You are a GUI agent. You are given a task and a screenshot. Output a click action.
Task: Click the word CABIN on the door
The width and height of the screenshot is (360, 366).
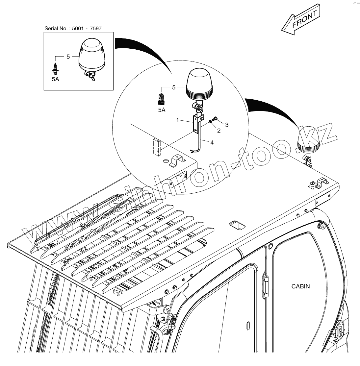click(x=300, y=286)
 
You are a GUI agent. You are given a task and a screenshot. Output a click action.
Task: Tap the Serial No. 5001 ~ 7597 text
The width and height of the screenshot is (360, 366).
click(x=73, y=29)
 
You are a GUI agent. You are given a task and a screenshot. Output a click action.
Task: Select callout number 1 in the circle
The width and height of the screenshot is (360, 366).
click(x=178, y=120)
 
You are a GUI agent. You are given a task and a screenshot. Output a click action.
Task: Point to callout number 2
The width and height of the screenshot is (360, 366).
click(x=219, y=131)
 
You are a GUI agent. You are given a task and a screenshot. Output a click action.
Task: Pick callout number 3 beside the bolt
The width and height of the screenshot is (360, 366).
click(x=226, y=125)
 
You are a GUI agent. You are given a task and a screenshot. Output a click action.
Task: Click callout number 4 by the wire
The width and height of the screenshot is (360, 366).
click(x=212, y=142)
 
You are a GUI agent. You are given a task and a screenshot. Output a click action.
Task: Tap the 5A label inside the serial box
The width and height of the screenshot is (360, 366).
click(x=55, y=80)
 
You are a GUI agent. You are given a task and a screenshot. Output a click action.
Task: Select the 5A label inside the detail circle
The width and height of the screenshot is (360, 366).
click(x=162, y=110)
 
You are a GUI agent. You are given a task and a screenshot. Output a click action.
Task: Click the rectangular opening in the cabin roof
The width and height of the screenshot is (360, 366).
click(x=237, y=225)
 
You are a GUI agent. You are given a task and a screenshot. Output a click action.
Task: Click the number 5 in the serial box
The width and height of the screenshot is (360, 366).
click(x=68, y=57)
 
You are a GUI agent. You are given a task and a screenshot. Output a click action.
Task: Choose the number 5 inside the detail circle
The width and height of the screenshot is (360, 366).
click(x=174, y=87)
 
